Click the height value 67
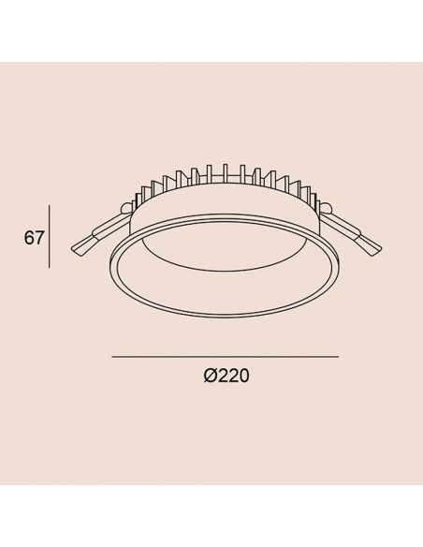point(35,238)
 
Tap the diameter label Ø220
point(225,375)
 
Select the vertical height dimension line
point(50,238)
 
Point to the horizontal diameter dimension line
point(225,357)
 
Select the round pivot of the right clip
point(330,208)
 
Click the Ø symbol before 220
point(209,375)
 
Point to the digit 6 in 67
point(30,238)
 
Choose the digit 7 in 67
point(40,238)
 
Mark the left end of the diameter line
point(112,357)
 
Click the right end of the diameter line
point(337,357)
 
